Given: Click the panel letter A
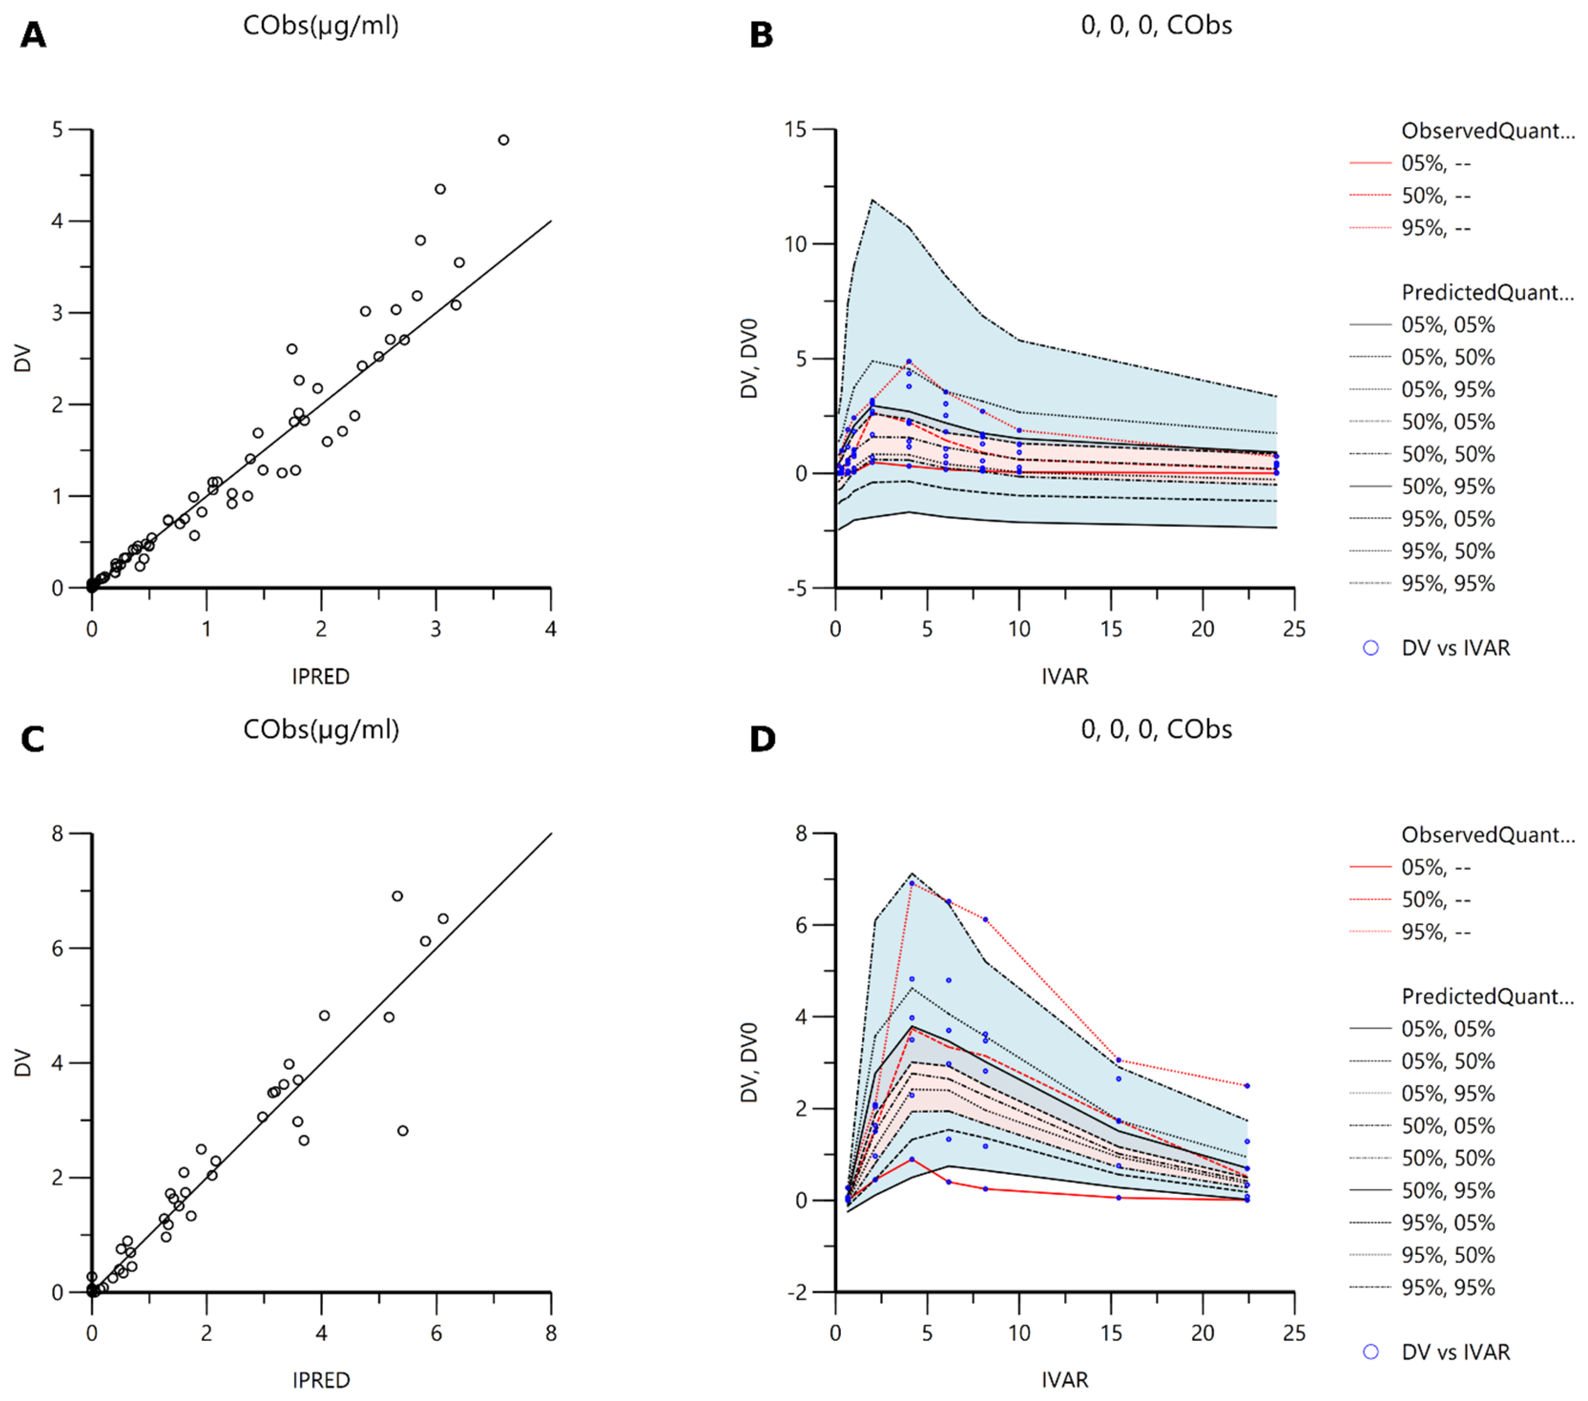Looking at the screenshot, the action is pyautogui.click(x=33, y=35).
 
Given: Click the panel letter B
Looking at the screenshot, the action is pyautogui.click(x=761, y=35).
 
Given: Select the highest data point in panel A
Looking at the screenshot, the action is pyautogui.click(x=503, y=140).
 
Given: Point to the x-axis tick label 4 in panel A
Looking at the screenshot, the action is pyautogui.click(x=551, y=629).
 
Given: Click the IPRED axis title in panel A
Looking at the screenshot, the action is pyautogui.click(x=321, y=676).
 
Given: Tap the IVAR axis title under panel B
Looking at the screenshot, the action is pyautogui.click(x=1065, y=676).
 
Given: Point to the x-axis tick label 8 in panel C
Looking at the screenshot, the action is pyautogui.click(x=551, y=1333).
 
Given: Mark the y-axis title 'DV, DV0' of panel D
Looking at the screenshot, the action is pyautogui.click(x=749, y=1062).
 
